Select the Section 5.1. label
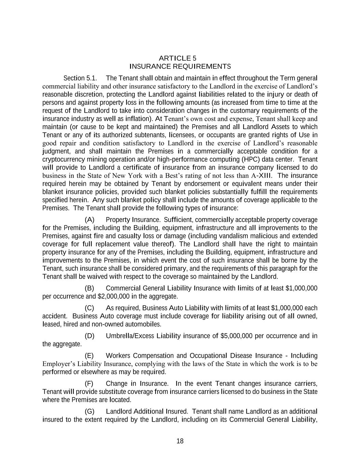tap(81, 78)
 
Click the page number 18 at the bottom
tap(180, 441)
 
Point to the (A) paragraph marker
tap(89, 220)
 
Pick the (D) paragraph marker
tap(89, 336)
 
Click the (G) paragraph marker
tap(89, 411)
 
